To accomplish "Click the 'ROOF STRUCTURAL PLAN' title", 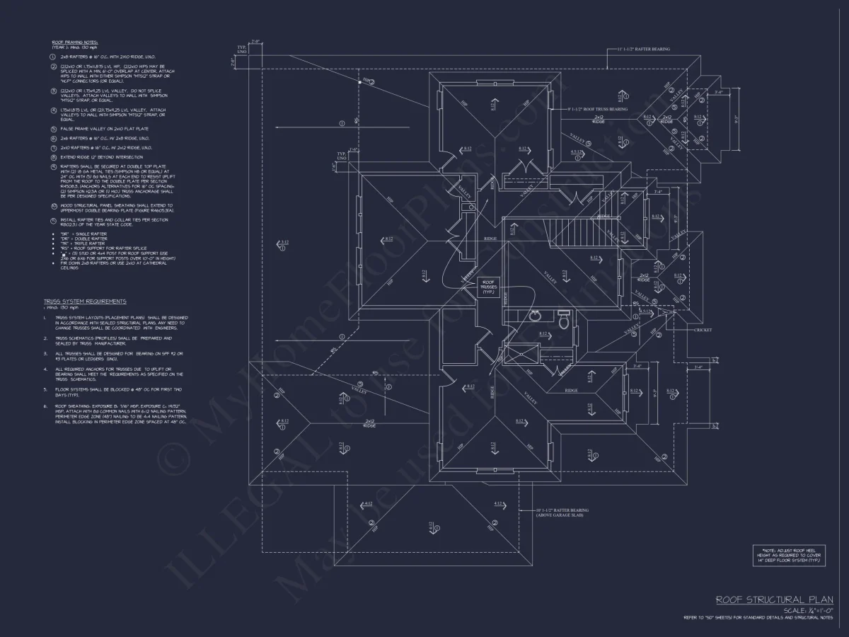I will pos(774,599).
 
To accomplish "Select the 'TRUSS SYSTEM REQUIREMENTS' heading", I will pos(85,302).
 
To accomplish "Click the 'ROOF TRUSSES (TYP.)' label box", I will pos(488,286).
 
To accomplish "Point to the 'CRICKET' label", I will pos(703,330).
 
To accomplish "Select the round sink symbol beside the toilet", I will pos(536,315).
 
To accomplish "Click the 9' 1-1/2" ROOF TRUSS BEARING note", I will pos(598,110).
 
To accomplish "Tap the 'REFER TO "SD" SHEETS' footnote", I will pos(757,618).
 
